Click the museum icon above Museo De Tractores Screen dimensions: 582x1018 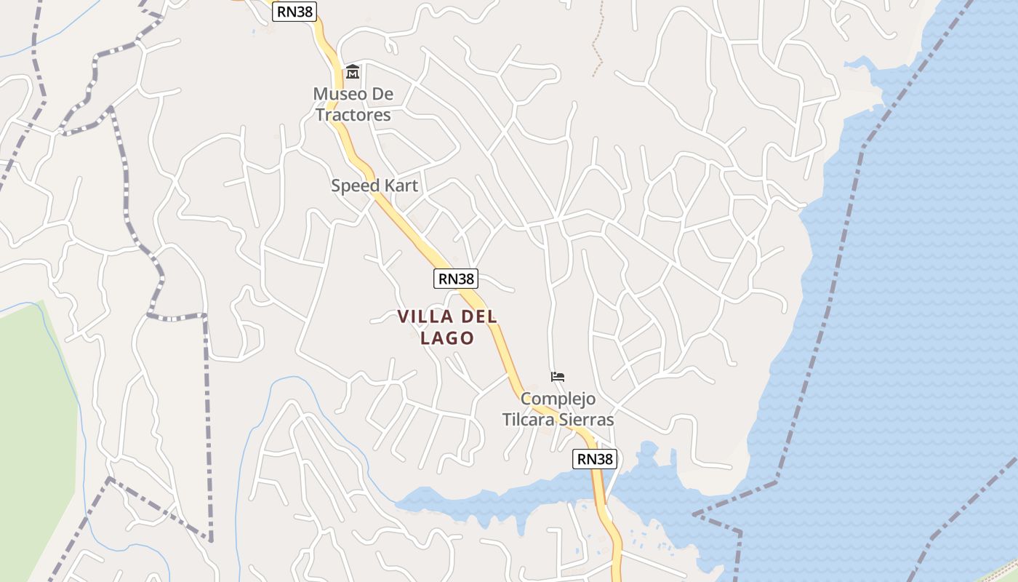click(x=353, y=71)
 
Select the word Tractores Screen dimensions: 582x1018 click(x=353, y=115)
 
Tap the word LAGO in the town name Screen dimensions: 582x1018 click(x=447, y=338)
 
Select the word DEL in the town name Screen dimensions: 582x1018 click(x=478, y=316)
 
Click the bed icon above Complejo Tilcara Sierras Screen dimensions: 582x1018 click(x=558, y=377)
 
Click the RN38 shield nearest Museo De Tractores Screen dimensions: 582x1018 click(x=294, y=11)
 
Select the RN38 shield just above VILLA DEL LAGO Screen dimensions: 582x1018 click(x=456, y=279)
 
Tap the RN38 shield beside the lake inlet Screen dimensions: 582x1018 click(x=595, y=459)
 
